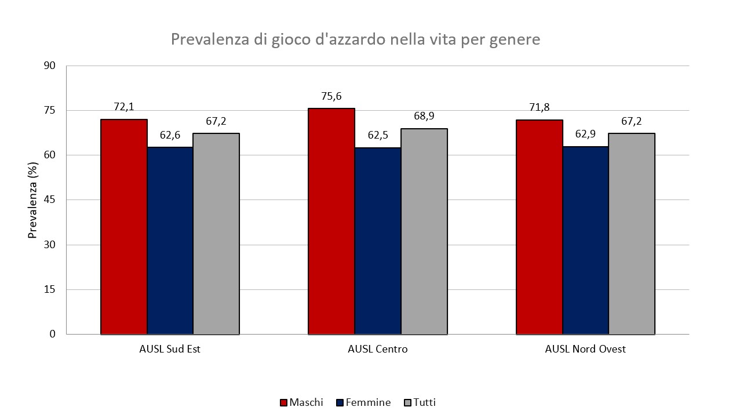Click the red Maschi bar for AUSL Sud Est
(x=124, y=226)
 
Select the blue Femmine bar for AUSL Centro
(x=378, y=241)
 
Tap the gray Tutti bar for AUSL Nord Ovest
(x=632, y=234)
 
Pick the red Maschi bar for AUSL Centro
(x=331, y=221)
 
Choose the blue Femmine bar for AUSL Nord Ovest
(x=585, y=240)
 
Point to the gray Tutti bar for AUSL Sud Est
(x=216, y=234)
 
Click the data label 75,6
(x=331, y=96)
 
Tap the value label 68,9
(x=424, y=116)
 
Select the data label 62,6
(x=170, y=136)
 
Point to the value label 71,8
(x=539, y=107)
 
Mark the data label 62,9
(x=585, y=135)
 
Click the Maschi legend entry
(x=301, y=402)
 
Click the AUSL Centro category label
(x=378, y=350)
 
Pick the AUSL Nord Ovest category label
(x=585, y=350)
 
